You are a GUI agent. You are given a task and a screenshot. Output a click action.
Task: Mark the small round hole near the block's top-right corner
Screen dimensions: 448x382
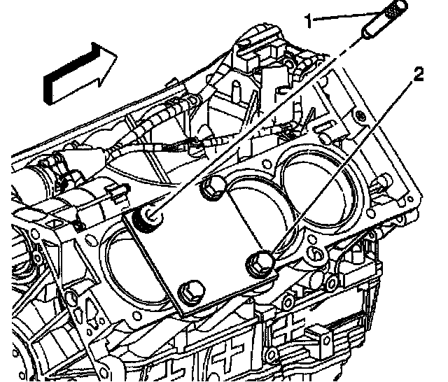coord(358,113)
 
